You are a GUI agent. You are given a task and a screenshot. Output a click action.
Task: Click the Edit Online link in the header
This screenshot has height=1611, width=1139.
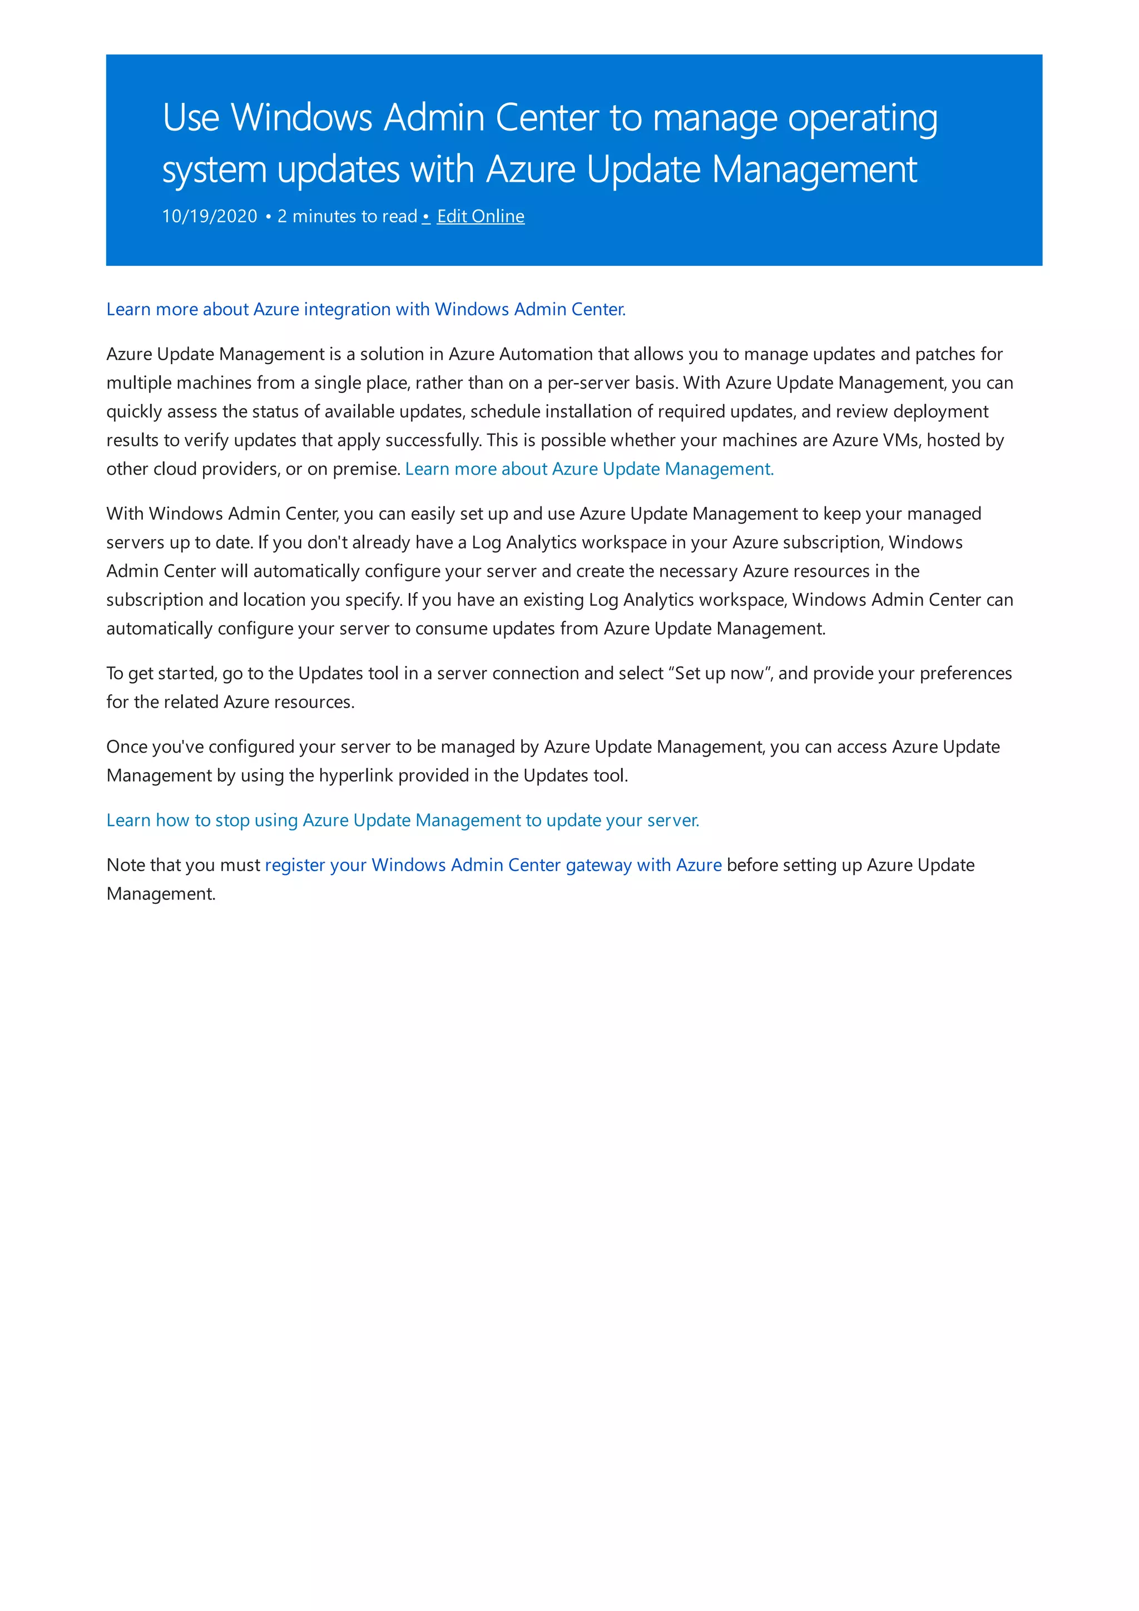click(480, 216)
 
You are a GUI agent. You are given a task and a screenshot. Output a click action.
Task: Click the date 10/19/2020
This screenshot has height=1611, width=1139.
click(209, 216)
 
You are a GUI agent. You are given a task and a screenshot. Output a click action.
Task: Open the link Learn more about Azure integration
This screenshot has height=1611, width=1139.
click(365, 310)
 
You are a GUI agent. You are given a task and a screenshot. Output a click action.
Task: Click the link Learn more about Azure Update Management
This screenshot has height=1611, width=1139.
click(589, 469)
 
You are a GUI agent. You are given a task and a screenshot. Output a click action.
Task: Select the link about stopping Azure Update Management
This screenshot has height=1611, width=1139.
click(402, 821)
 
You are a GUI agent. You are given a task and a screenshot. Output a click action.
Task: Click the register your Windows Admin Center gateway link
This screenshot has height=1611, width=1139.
click(493, 865)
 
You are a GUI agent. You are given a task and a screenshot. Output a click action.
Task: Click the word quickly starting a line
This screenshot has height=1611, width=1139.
click(134, 412)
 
